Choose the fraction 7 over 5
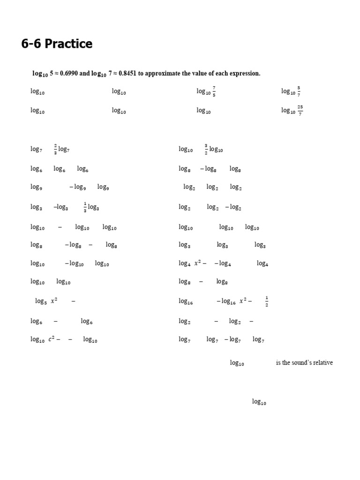click(x=214, y=92)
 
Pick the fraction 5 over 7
click(x=299, y=92)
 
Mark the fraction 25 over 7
click(x=300, y=111)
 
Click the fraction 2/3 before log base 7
click(x=55, y=149)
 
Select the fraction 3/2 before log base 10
click(x=206, y=149)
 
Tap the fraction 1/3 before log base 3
click(x=85, y=207)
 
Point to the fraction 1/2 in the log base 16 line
click(x=267, y=301)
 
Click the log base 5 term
click(x=41, y=301)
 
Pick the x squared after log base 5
click(x=54, y=300)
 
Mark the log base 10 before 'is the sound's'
click(x=237, y=363)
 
